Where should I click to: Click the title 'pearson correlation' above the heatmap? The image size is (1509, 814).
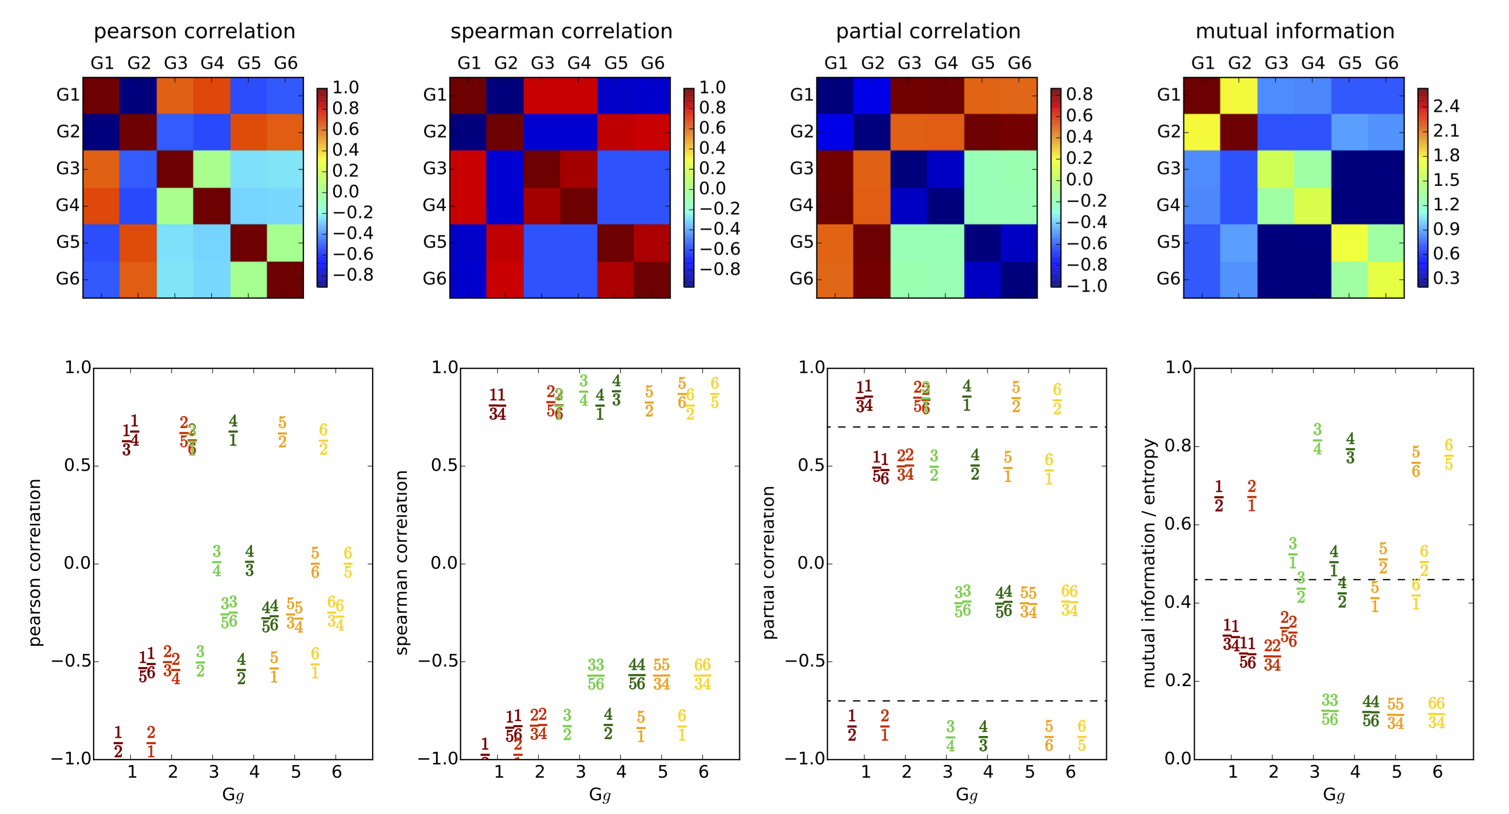194,31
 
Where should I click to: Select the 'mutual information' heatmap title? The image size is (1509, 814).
1295,31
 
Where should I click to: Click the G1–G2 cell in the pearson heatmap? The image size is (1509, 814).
138,95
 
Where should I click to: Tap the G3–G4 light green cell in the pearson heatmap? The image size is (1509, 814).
212,169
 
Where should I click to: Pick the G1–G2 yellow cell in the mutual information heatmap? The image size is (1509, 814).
1239,95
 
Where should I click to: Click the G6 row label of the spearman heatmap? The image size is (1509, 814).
435,279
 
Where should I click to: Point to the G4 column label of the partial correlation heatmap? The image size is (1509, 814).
945,63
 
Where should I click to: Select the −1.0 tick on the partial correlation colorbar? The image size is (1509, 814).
1087,286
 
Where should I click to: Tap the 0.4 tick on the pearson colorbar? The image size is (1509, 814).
346,150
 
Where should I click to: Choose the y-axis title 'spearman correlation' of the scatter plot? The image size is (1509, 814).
402,563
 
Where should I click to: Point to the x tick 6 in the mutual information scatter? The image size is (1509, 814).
1437,772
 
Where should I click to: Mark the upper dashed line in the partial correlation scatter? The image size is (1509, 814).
967,427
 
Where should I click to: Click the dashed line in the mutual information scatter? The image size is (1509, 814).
1333,580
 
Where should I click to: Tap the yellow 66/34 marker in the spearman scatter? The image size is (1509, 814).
702,674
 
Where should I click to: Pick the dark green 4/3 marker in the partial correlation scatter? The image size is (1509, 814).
983,736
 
